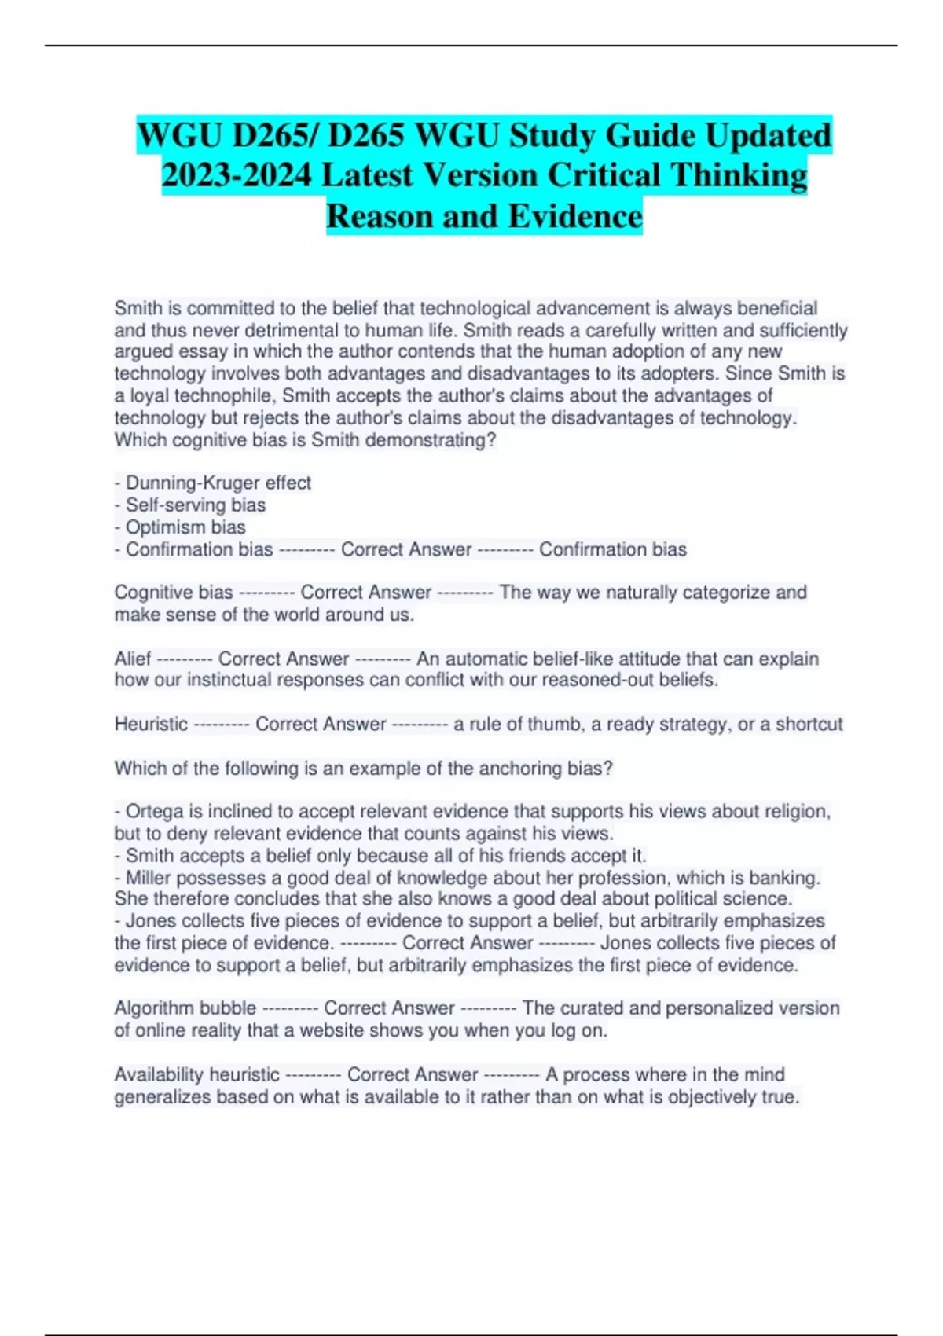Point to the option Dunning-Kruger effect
tap(218, 483)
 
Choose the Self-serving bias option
tap(196, 505)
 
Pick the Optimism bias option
tap(185, 527)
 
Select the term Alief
tap(132, 659)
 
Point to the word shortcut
tap(809, 724)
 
